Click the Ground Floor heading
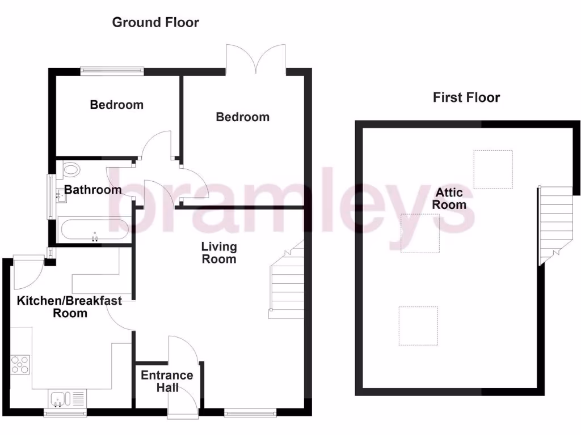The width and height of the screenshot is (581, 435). point(155,23)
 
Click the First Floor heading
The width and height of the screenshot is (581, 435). point(466,97)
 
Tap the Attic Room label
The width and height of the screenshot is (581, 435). point(449,199)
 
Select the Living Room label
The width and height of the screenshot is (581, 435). point(220,253)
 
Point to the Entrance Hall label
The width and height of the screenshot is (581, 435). point(167,381)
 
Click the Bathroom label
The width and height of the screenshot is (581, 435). point(92,189)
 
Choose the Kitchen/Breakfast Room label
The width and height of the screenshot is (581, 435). point(69,306)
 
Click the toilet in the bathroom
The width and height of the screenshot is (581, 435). point(71,168)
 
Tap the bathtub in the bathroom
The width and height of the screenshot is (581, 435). point(95,230)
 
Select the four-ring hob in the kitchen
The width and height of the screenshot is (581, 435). point(20,364)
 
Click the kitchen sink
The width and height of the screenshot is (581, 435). point(59,399)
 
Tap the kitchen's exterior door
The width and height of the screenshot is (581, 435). point(28,270)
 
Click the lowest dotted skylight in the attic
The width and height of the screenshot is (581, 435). point(418,326)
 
